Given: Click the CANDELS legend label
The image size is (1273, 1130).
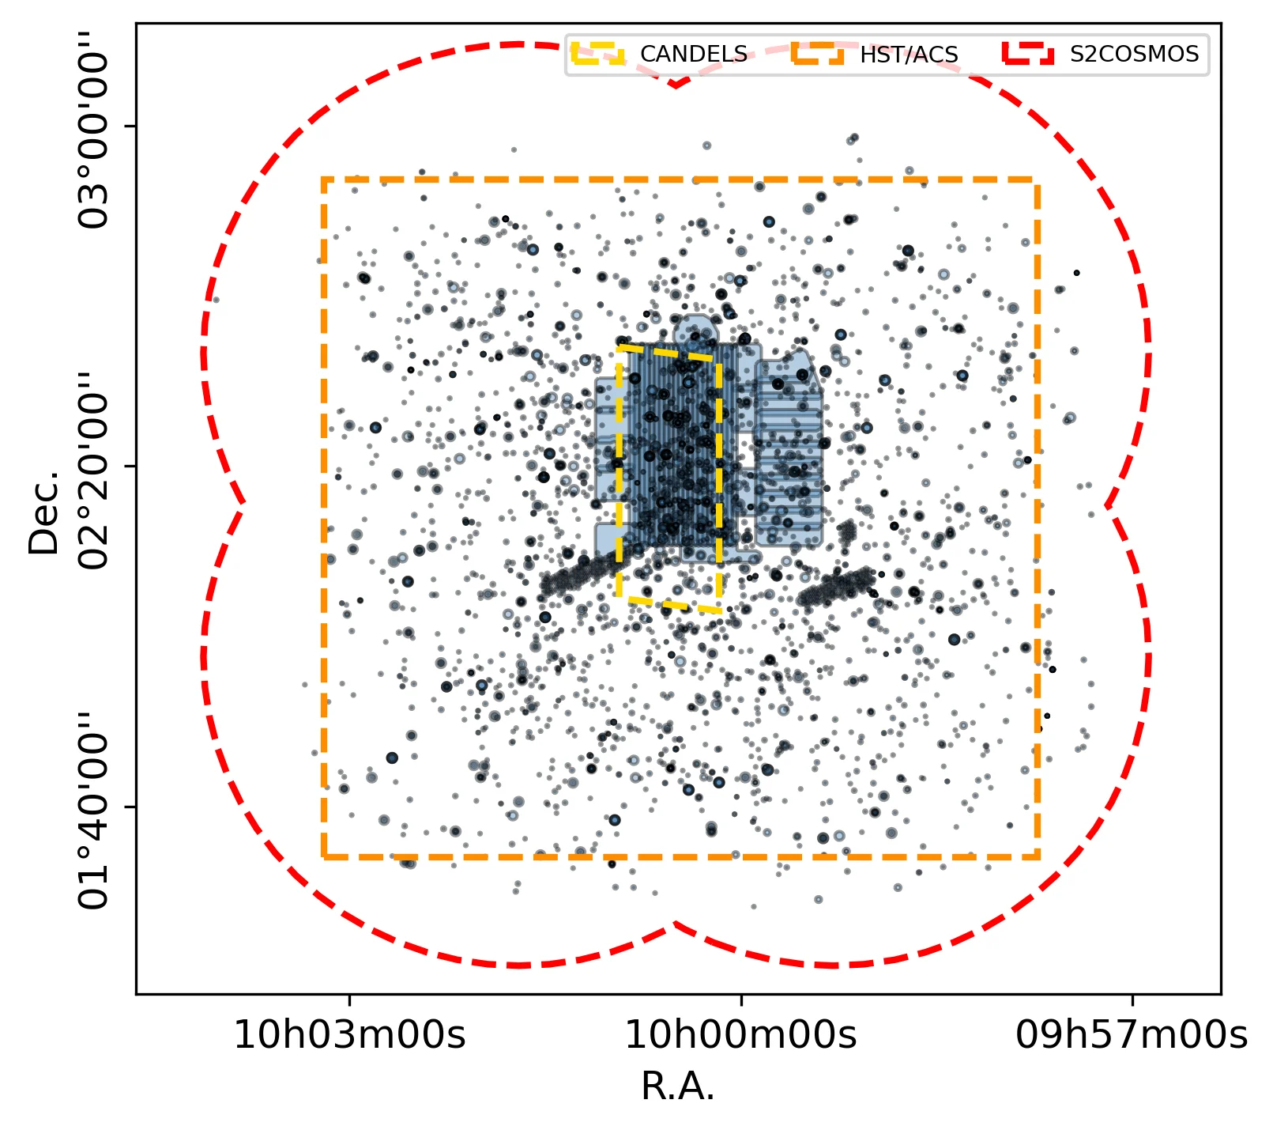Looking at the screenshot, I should coord(693,55).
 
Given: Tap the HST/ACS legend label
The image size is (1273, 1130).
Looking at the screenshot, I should coord(909,55).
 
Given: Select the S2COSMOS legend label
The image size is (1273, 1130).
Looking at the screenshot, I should coord(1134,55).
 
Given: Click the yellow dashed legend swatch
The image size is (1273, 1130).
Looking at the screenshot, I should coord(597,54).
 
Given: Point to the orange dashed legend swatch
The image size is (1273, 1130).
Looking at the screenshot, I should coord(817,54).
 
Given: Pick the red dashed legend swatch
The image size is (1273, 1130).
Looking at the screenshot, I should coord(1027,54).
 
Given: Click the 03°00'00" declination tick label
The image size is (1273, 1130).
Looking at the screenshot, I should coord(94,128).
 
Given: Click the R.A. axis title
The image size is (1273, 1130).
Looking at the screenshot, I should coord(678,1087).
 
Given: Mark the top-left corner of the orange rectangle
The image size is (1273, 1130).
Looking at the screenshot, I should coord(324,180).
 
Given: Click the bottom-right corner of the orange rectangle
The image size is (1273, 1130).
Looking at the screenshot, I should coord(1037,856).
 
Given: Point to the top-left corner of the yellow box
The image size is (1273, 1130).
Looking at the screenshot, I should coord(619,347).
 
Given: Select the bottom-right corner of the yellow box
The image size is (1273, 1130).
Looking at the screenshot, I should coord(720,611).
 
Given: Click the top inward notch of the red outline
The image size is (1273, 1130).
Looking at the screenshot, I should coord(676,85).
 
